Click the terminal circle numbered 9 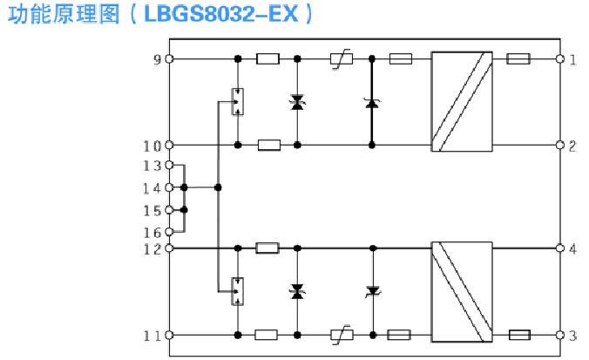[169, 59]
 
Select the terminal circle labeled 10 [169, 145]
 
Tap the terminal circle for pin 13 [169, 165]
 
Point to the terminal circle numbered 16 [169, 232]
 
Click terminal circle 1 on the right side [560, 59]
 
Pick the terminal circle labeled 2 [560, 145]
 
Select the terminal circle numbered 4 [560, 248]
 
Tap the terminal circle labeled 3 [560, 335]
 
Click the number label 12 [152, 249]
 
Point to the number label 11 [152, 336]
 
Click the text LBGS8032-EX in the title [221, 14]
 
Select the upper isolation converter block [462, 101]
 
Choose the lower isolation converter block [462, 292]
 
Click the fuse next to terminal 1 [518, 59]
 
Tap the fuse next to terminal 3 [519, 335]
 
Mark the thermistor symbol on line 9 [342, 59]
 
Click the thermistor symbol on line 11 [342, 335]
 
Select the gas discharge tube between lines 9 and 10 [237, 101]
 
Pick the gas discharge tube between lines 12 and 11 [237, 291]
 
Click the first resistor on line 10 [269, 145]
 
